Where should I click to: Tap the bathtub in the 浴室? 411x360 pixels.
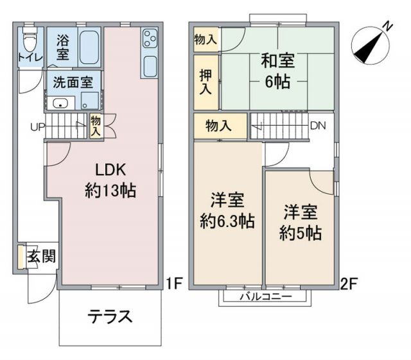tap(89, 47)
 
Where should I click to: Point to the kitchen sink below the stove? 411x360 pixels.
tap(149, 65)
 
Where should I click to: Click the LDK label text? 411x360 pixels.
tap(113, 170)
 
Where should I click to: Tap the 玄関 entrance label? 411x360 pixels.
tap(42, 255)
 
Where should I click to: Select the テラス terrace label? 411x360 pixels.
tap(110, 316)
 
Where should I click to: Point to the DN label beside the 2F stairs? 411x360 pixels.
tap(317, 126)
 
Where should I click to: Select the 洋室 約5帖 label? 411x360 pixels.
tap(300, 221)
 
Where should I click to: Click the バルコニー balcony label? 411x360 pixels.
tap(265, 296)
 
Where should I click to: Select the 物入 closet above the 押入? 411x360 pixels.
tap(205, 39)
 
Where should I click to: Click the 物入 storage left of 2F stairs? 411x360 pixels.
tap(218, 126)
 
